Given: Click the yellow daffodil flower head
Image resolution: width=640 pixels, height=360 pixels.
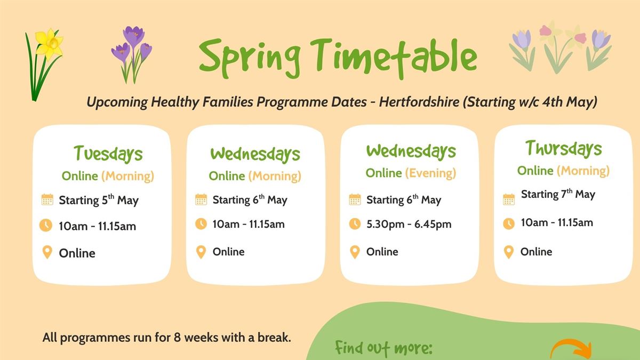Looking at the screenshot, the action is (49, 44).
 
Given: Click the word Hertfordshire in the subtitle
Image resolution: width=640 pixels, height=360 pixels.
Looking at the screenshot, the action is (419, 102).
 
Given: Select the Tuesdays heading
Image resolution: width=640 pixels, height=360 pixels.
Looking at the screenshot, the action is (108, 154).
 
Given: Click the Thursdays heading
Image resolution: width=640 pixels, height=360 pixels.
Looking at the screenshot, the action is (563, 149).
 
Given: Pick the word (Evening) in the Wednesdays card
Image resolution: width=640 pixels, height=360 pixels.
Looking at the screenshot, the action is (430, 173).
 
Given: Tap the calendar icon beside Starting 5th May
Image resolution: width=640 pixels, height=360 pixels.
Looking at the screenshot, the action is (47, 199).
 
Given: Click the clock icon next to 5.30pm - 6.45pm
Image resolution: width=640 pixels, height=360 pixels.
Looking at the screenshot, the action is (355, 223).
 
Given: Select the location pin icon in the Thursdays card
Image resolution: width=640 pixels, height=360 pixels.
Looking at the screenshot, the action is (509, 252).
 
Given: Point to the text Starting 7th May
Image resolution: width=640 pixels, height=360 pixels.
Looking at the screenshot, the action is (558, 194).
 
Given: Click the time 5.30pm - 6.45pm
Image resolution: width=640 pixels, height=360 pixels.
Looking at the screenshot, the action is (409, 225).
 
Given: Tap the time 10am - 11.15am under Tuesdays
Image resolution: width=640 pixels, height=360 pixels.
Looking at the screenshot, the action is (98, 226).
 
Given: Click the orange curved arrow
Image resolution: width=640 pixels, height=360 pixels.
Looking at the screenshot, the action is (571, 350).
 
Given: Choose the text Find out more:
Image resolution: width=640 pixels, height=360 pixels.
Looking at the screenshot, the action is (383, 348).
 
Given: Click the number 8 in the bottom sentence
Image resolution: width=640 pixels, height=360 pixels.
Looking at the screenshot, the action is (178, 338).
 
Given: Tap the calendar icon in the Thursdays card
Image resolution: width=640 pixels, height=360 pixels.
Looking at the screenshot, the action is (509, 199).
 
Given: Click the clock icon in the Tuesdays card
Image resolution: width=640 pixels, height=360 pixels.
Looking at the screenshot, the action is (46, 225).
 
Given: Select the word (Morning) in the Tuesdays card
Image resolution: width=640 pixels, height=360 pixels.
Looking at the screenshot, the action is (127, 176).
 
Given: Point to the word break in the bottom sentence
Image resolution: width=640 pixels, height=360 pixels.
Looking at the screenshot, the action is (274, 338).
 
